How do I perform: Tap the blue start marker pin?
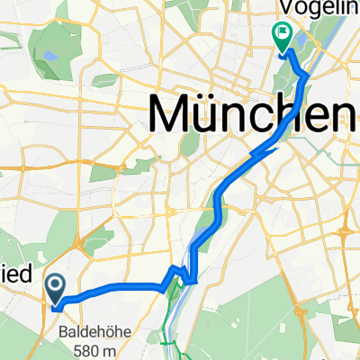(x=56, y=289)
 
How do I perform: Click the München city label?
(x=252, y=114)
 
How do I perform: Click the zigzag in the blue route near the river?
(x=184, y=275)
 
